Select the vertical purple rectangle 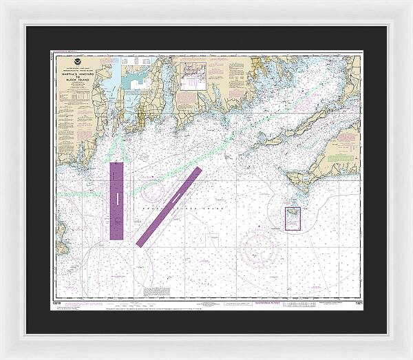pyautogui.click(x=116, y=200)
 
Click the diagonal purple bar pyautogui.click(x=169, y=207)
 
